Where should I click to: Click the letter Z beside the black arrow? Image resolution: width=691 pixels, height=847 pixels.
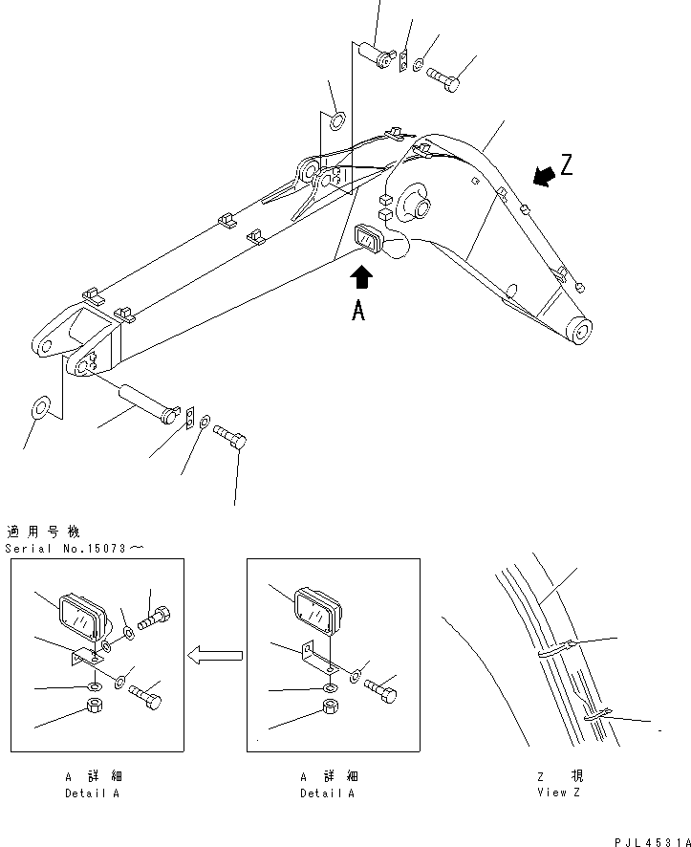[567, 166]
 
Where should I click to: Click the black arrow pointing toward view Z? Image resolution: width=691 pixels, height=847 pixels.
[543, 176]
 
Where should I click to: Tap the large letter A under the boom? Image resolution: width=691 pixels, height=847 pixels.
[357, 311]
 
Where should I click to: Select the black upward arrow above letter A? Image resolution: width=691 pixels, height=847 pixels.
[362, 277]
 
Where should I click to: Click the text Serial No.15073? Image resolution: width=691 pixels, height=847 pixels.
[75, 548]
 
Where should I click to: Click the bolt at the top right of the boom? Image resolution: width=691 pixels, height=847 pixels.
[443, 78]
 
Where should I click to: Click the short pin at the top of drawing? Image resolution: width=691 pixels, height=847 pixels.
[378, 54]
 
